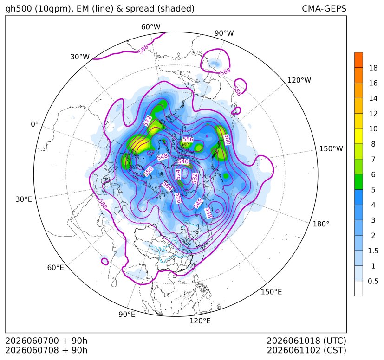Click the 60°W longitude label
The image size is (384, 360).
(151, 27)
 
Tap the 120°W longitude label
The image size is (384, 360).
(299, 80)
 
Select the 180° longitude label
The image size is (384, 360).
(321, 224)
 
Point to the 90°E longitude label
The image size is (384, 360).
(127, 315)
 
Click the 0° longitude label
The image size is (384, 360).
(34, 124)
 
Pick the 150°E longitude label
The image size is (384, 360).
(271, 292)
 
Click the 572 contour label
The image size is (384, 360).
(148, 122)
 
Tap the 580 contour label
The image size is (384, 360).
(228, 139)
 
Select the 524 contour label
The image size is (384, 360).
(178, 174)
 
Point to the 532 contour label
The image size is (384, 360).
(195, 178)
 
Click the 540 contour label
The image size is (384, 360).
(183, 161)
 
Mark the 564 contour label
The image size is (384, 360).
(167, 186)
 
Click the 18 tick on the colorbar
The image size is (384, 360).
(373, 68)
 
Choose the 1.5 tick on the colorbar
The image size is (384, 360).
(373, 251)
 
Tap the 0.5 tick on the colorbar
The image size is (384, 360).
(373, 281)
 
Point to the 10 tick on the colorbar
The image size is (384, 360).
(373, 129)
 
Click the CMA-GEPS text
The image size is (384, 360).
(324, 9)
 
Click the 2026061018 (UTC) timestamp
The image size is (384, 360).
(306, 341)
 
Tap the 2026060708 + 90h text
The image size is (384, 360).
(46, 350)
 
